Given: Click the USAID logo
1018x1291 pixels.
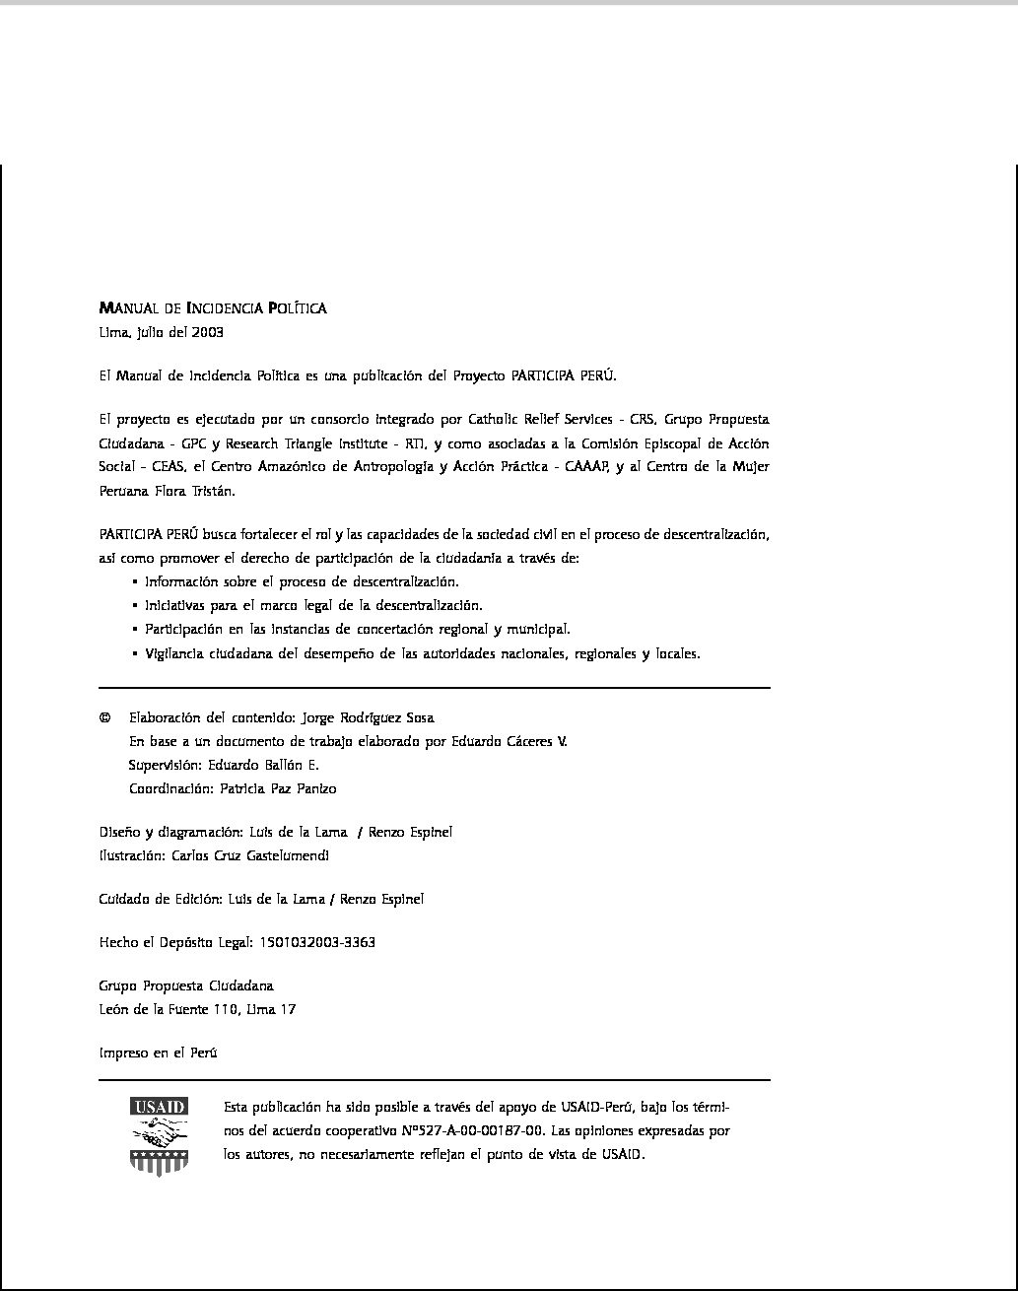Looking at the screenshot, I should (159, 1135).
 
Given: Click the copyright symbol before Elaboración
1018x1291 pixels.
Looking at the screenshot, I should (104, 717).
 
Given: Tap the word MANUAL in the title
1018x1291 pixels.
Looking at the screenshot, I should (125, 308).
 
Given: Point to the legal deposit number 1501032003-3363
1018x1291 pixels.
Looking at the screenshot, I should (316, 942).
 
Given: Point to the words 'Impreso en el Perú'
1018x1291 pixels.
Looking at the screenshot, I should (158, 1053).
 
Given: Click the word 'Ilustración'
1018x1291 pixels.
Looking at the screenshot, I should (132, 855).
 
